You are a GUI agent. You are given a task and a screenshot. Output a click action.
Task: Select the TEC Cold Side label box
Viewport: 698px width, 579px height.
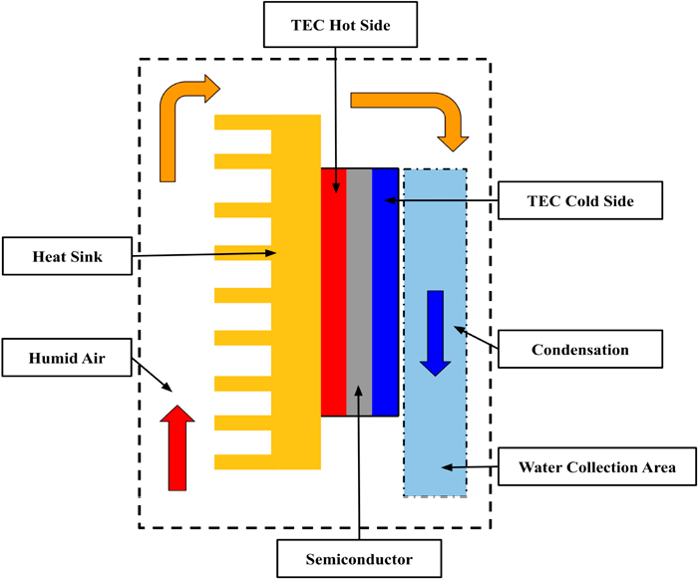(579, 202)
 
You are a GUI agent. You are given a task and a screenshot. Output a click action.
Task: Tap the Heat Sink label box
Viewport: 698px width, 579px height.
(67, 257)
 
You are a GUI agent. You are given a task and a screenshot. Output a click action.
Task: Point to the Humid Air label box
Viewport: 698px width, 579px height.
(67, 357)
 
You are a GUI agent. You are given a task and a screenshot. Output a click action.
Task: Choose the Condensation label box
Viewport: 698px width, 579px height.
(579, 350)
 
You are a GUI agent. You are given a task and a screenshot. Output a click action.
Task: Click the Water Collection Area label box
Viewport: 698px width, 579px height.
(595, 466)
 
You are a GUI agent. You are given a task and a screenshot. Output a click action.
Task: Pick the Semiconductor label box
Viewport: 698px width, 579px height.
(357, 555)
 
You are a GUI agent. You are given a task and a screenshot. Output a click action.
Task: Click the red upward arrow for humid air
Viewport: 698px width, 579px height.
(177, 447)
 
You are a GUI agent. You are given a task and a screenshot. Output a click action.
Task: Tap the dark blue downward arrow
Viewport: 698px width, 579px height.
(435, 333)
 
